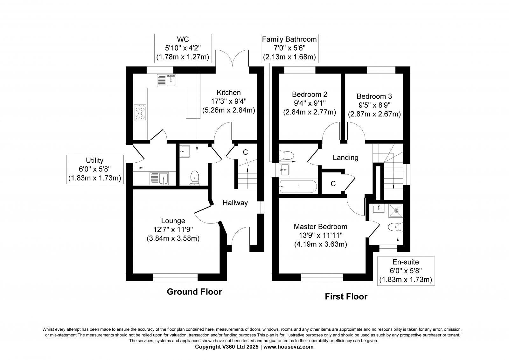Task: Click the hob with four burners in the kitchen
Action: [x=140, y=112]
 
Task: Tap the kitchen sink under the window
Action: [x=167, y=80]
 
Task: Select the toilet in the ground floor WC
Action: [x=194, y=178]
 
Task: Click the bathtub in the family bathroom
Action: [x=298, y=187]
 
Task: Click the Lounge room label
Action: [x=173, y=221]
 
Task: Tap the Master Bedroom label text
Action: [x=320, y=227]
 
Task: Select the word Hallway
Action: [x=235, y=203]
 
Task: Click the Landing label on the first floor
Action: [x=345, y=157]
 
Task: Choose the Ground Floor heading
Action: [x=194, y=292]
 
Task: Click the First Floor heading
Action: [x=346, y=297]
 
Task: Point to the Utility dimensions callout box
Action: [x=94, y=169]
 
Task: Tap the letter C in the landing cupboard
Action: [x=333, y=184]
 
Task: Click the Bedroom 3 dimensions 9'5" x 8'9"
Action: [x=374, y=105]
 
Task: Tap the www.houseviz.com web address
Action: [x=288, y=347]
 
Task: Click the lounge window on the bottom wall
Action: [x=175, y=277]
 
